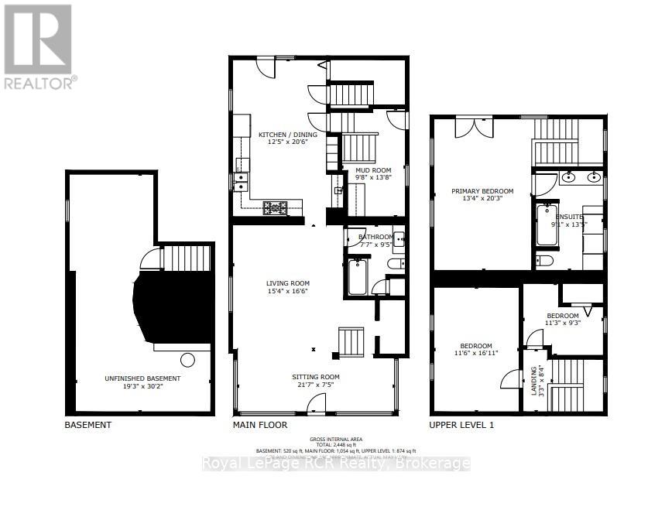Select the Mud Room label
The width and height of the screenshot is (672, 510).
click(373, 170)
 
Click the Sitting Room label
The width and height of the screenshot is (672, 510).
click(316, 377)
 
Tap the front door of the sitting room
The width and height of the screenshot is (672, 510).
click(314, 404)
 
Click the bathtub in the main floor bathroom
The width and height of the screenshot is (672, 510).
click(358, 277)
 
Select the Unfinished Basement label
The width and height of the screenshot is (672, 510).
click(142, 378)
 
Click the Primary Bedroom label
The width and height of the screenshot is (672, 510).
click(483, 191)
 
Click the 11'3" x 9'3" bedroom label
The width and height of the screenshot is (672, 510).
click(562, 316)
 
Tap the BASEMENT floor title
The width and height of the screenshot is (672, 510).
click(87, 425)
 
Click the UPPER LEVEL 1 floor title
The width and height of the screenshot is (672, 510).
click(461, 425)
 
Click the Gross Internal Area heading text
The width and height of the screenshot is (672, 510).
click(336, 438)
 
